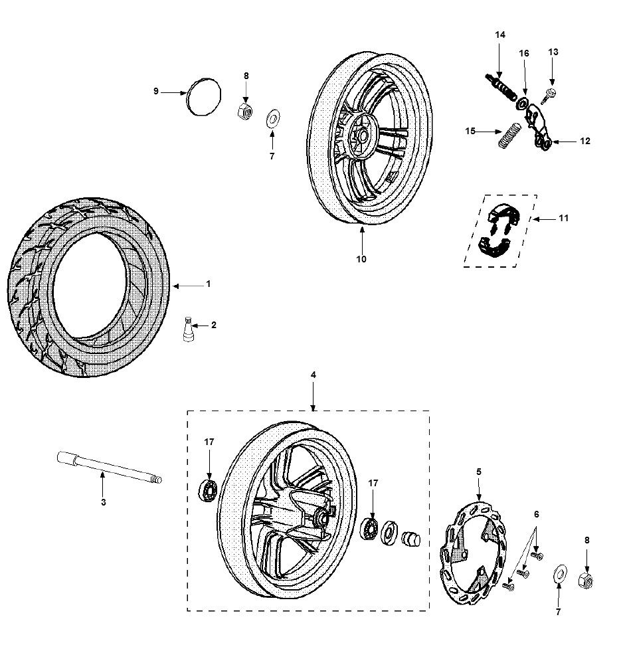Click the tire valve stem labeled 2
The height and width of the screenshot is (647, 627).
pyautogui.click(x=188, y=330)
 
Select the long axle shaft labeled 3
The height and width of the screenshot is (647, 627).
pyautogui.click(x=109, y=468)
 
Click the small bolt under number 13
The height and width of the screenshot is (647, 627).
pyautogui.click(x=548, y=95)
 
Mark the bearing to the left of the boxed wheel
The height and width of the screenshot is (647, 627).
pyautogui.click(x=210, y=490)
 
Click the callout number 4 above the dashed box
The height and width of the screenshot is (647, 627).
pyautogui.click(x=313, y=375)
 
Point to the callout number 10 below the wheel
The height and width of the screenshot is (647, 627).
pyautogui.click(x=361, y=259)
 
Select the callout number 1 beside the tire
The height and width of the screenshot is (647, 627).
pyautogui.click(x=208, y=284)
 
